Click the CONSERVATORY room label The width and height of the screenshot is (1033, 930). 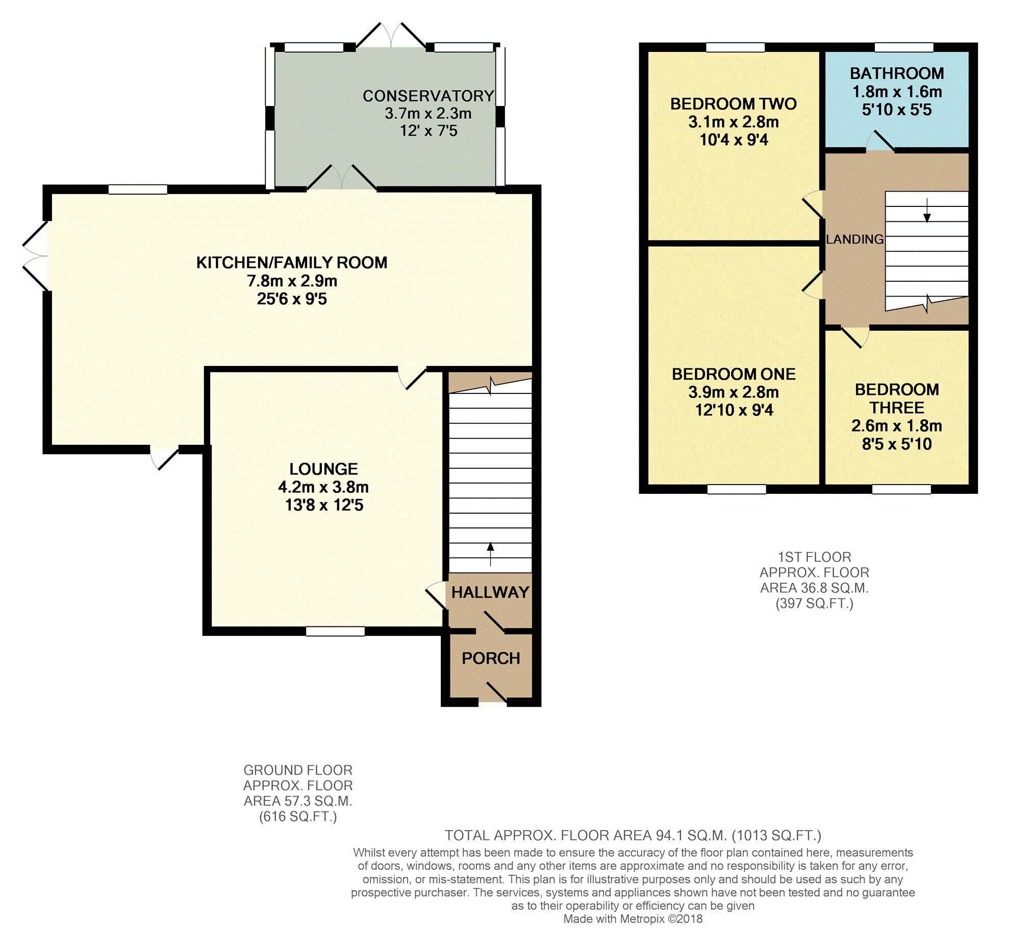pos(428,96)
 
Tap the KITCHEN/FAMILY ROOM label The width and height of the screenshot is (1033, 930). pos(291,262)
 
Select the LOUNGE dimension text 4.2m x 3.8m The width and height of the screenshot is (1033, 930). pos(323,487)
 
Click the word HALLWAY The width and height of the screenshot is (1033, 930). pos(490,592)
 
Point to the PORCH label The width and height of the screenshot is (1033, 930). pos(491,658)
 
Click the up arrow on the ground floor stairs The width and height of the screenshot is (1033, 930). pos(490,554)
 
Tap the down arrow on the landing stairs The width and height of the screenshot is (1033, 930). pos(926,210)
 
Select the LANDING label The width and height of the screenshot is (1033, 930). pos(854,239)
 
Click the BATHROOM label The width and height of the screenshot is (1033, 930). pos(897,73)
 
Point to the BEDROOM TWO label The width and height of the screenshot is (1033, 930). pos(734,104)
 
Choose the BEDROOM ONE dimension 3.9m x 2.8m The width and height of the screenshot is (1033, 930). pos(734,392)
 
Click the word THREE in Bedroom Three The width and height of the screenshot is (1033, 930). pos(897,408)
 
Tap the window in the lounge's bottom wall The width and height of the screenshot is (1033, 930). pos(336,631)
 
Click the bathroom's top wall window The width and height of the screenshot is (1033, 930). pos(904,47)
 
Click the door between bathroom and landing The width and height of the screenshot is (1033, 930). pos(880,142)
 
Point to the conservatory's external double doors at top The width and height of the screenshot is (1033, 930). pos(391,36)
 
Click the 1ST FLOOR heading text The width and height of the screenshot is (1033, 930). pos(814,557)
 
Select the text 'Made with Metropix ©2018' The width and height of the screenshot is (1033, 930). pos(633,919)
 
